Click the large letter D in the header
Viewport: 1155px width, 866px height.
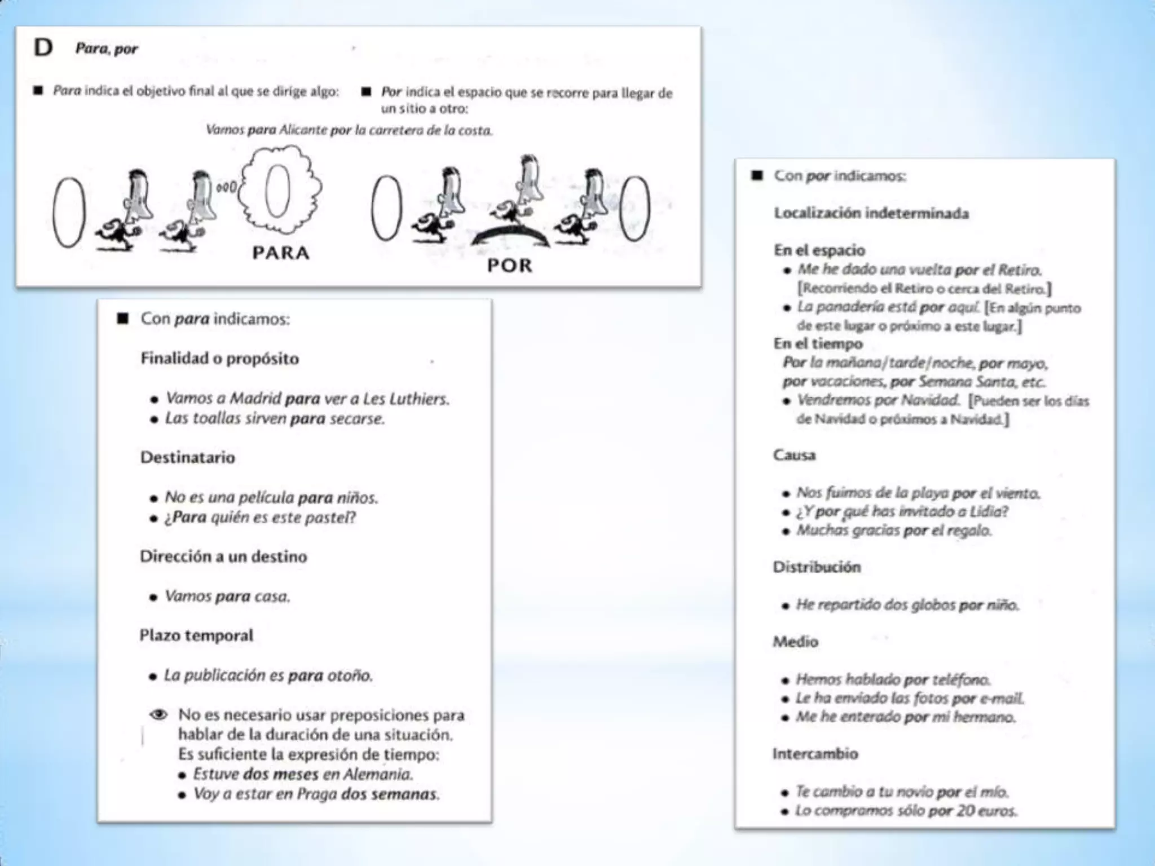pos(43,48)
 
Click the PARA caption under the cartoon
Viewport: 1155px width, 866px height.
pos(281,253)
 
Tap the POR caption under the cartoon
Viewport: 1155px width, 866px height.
pos(510,266)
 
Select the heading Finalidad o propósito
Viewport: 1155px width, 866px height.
pos(220,359)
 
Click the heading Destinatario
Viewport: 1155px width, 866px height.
pos(188,457)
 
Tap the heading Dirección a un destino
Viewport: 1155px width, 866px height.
pos(224,556)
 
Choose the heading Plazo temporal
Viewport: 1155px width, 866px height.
pos(197,635)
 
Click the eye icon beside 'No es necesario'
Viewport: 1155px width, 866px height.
pos(158,715)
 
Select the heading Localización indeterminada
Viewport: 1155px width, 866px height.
pos(871,213)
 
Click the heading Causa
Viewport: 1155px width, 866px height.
pos(794,455)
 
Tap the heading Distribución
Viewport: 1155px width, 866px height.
pos(817,567)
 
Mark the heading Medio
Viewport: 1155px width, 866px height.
pos(795,642)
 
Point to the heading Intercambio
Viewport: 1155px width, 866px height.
pos(815,754)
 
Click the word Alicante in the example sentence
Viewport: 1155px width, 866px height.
pos(303,130)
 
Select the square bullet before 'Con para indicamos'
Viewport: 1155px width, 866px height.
pos(123,319)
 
